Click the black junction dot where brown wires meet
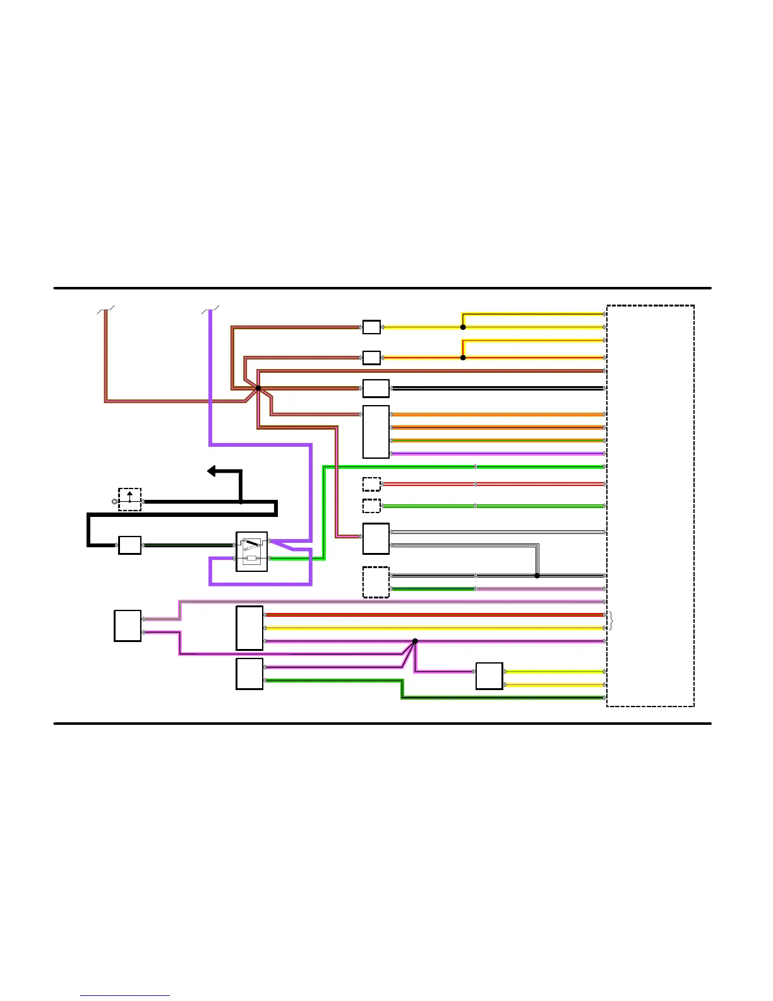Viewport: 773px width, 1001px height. point(258,389)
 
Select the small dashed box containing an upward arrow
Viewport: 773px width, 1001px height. point(129,499)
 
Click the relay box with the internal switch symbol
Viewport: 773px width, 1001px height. point(251,552)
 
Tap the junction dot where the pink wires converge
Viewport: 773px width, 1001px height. point(415,641)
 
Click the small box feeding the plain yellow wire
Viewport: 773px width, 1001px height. point(371,327)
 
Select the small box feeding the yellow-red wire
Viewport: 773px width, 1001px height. point(371,358)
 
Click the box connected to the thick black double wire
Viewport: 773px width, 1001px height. point(376,388)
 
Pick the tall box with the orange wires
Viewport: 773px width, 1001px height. point(376,432)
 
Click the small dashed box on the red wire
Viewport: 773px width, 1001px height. point(371,484)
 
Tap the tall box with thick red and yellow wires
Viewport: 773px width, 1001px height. point(249,628)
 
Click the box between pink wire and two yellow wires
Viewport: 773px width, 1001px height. point(489,676)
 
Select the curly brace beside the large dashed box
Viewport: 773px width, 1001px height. point(610,621)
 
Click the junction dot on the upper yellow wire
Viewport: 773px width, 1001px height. point(463,327)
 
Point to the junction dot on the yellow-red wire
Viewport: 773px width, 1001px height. point(463,358)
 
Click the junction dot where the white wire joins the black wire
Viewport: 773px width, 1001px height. point(537,576)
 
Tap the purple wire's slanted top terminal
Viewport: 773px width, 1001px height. point(210,309)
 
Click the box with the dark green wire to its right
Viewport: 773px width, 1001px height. point(249,674)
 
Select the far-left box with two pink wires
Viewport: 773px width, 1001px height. point(128,626)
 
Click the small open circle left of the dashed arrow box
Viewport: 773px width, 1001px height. point(114,502)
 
